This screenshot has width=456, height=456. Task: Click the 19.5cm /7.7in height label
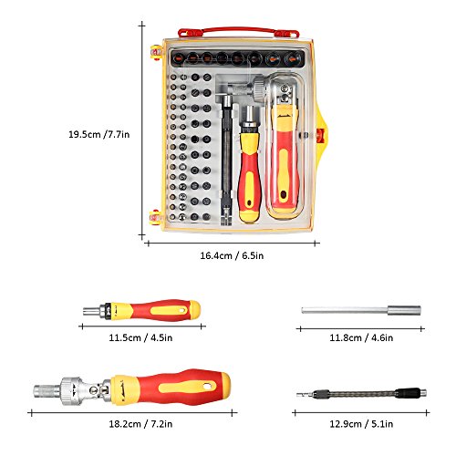coord(99,134)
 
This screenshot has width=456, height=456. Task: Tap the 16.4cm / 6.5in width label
coord(232,255)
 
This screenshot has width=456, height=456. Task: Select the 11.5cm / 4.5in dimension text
coord(140,337)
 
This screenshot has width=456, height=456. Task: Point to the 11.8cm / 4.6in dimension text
coord(361,337)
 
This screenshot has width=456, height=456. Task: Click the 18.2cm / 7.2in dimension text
coord(140,423)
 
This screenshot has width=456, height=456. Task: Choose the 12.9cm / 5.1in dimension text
coord(361,423)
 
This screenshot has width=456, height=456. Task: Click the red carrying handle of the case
coord(239,32)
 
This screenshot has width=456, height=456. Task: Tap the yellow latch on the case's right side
coord(320,135)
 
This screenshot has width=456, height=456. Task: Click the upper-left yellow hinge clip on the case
coord(157,52)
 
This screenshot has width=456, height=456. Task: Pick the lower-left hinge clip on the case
coord(156,217)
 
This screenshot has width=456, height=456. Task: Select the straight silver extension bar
coord(361,310)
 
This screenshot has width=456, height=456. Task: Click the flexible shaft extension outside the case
coord(361,394)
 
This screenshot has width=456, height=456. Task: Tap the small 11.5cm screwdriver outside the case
coord(141,310)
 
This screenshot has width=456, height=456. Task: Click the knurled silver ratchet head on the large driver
coord(70,390)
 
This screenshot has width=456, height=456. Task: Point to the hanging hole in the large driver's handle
coord(208,387)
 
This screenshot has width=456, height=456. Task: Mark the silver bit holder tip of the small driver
coord(91,311)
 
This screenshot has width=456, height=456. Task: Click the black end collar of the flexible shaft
coord(408,393)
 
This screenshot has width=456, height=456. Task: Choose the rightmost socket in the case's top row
coord(292,58)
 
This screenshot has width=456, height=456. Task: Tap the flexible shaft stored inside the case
coord(226,160)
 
